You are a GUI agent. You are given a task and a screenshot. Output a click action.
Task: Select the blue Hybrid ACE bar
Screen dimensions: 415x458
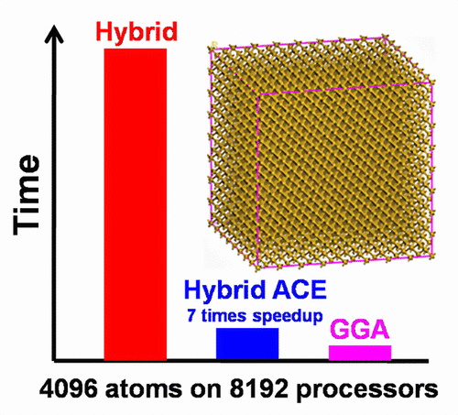pos(247,343)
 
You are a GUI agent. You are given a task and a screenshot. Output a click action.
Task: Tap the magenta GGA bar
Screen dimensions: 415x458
pos(360,352)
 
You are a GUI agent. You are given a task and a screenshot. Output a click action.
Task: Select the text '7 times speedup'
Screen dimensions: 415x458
pos(247,313)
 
